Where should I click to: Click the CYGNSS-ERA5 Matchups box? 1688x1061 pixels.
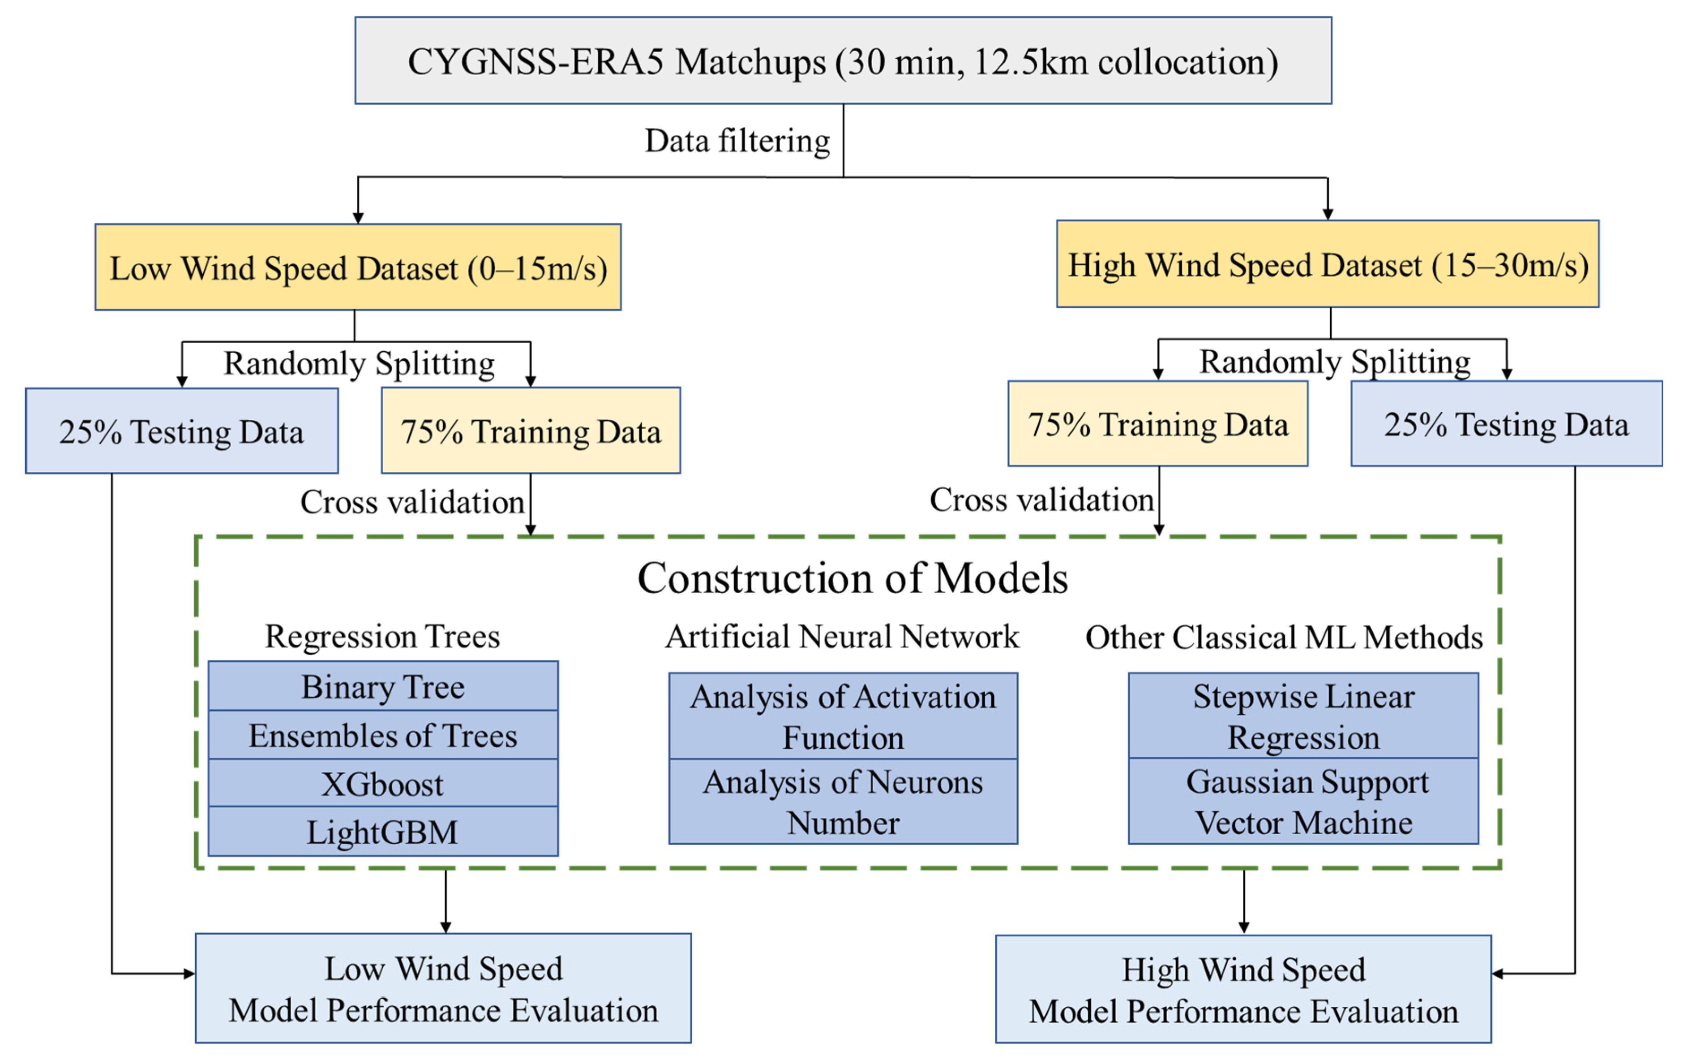(843, 61)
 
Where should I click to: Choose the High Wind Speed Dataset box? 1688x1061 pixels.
(1327, 264)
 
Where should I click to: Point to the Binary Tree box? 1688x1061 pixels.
(383, 686)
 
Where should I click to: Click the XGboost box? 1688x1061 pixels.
(383, 783)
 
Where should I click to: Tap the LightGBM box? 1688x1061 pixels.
(383, 832)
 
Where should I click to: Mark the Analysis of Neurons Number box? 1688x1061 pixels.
(843, 802)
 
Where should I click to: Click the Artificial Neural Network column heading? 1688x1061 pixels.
(841, 636)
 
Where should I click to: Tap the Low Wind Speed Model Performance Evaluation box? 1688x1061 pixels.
(443, 988)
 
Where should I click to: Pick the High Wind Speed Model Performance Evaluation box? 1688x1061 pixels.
(1243, 989)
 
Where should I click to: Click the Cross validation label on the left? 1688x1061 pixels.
(412, 502)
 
